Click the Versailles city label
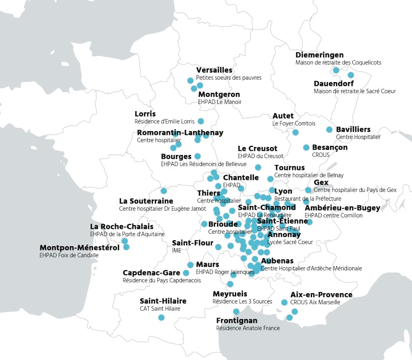(x=214, y=70)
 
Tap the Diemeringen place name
(x=319, y=55)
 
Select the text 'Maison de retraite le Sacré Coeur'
(x=355, y=91)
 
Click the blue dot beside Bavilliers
(x=329, y=129)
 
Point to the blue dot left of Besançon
(x=306, y=147)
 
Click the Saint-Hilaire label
(x=163, y=301)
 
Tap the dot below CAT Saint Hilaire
(x=161, y=317)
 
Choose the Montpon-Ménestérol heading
(x=80, y=248)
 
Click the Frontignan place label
(x=236, y=321)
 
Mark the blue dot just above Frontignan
(x=236, y=311)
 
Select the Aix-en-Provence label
(x=321, y=295)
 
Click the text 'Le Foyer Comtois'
(x=294, y=123)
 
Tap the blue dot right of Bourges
(x=197, y=156)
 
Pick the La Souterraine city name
(x=146, y=201)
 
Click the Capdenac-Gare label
(x=151, y=273)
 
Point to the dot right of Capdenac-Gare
(x=186, y=273)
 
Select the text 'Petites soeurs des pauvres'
(x=228, y=78)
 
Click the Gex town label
(x=321, y=182)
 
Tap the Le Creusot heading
(x=257, y=149)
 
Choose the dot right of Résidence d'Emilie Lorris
(x=201, y=121)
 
